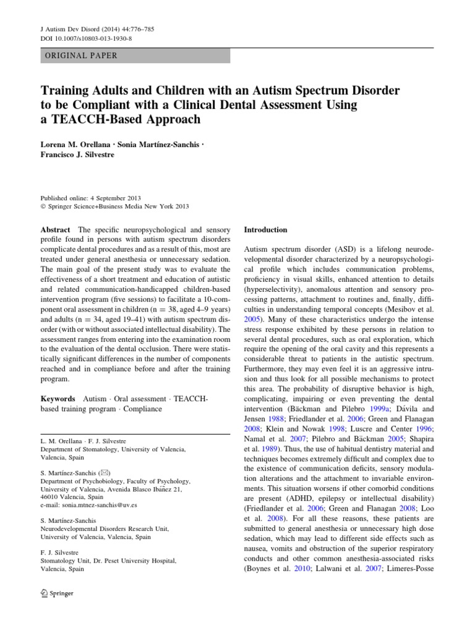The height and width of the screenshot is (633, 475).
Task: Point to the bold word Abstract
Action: click(x=55, y=229)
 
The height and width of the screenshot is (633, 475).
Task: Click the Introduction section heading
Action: click(x=266, y=229)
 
